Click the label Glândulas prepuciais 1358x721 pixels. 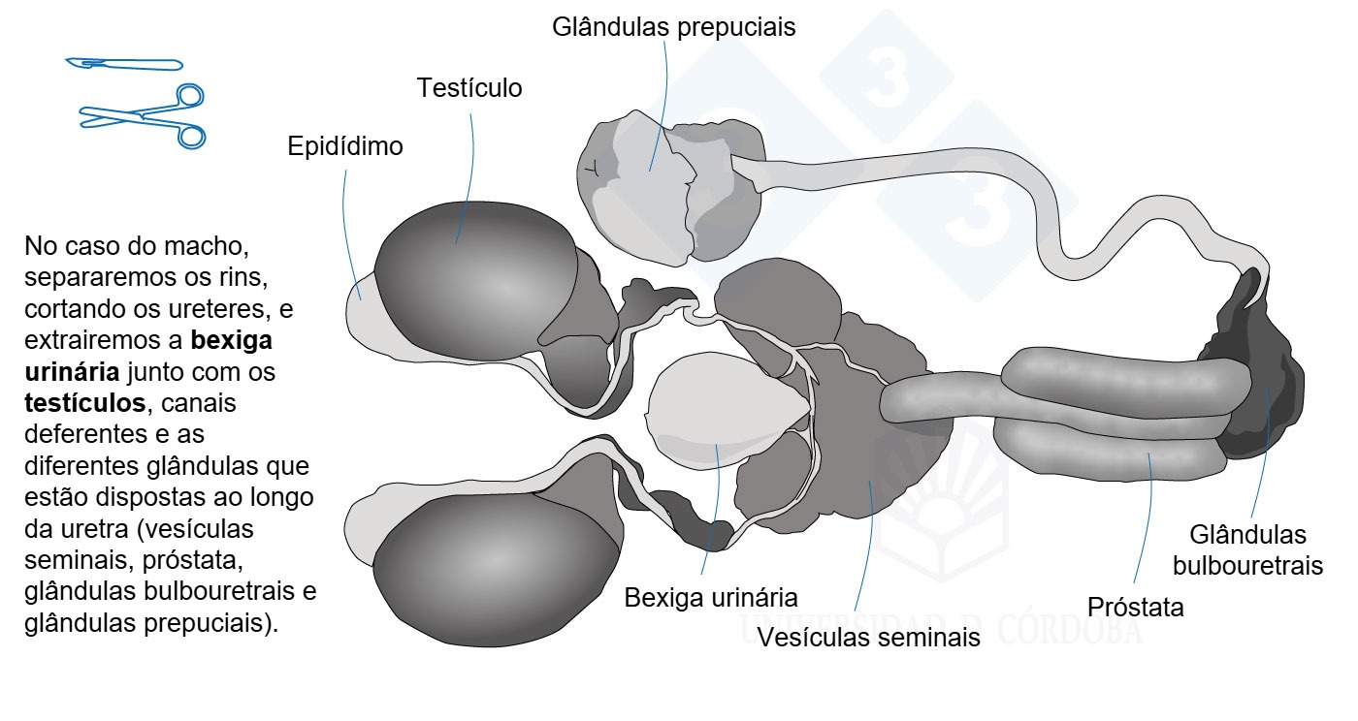pyautogui.click(x=673, y=27)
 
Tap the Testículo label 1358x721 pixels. pyautogui.click(x=469, y=88)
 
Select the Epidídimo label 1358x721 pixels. pyautogui.click(x=345, y=146)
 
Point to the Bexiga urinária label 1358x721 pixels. pyautogui.click(x=710, y=598)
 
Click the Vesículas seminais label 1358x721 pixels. pyautogui.click(x=869, y=638)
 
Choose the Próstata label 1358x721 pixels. pyautogui.click(x=1136, y=607)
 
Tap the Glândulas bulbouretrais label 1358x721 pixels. pyautogui.click(x=1247, y=550)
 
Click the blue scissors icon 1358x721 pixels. pyautogui.click(x=144, y=116)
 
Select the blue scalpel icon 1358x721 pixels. pyautogui.click(x=124, y=64)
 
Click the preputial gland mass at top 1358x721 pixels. pyautogui.click(x=670, y=188)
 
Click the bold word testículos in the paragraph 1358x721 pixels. pyautogui.click(x=85, y=403)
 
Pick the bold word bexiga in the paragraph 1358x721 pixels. pyautogui.click(x=232, y=340)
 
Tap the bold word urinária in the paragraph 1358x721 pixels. pyautogui.click(x=72, y=372)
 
